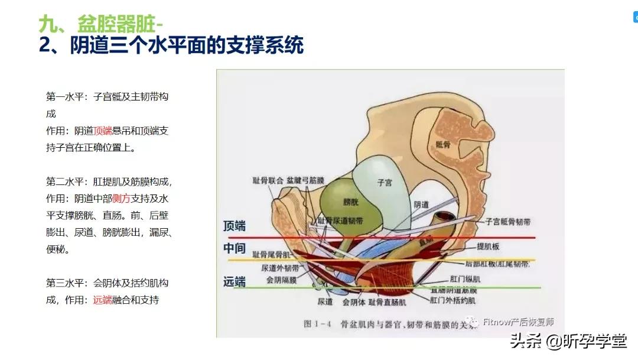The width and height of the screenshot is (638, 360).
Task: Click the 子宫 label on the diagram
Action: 385,183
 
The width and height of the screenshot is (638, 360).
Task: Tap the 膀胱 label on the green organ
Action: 351,202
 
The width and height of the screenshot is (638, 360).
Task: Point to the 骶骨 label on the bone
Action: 444,144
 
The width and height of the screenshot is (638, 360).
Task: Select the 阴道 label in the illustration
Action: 421,205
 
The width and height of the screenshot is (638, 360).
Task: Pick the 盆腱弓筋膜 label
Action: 306,179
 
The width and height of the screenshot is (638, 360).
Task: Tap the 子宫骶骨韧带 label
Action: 508,222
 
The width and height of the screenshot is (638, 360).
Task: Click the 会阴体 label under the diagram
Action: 354,302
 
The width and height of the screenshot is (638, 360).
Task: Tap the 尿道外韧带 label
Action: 281,268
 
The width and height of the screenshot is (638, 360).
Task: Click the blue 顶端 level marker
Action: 235,226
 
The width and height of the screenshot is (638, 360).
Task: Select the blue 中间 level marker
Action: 235,248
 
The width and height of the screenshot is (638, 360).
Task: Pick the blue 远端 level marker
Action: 235,282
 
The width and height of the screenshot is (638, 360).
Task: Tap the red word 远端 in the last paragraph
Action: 102,300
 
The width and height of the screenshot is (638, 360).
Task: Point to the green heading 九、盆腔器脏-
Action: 101,24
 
